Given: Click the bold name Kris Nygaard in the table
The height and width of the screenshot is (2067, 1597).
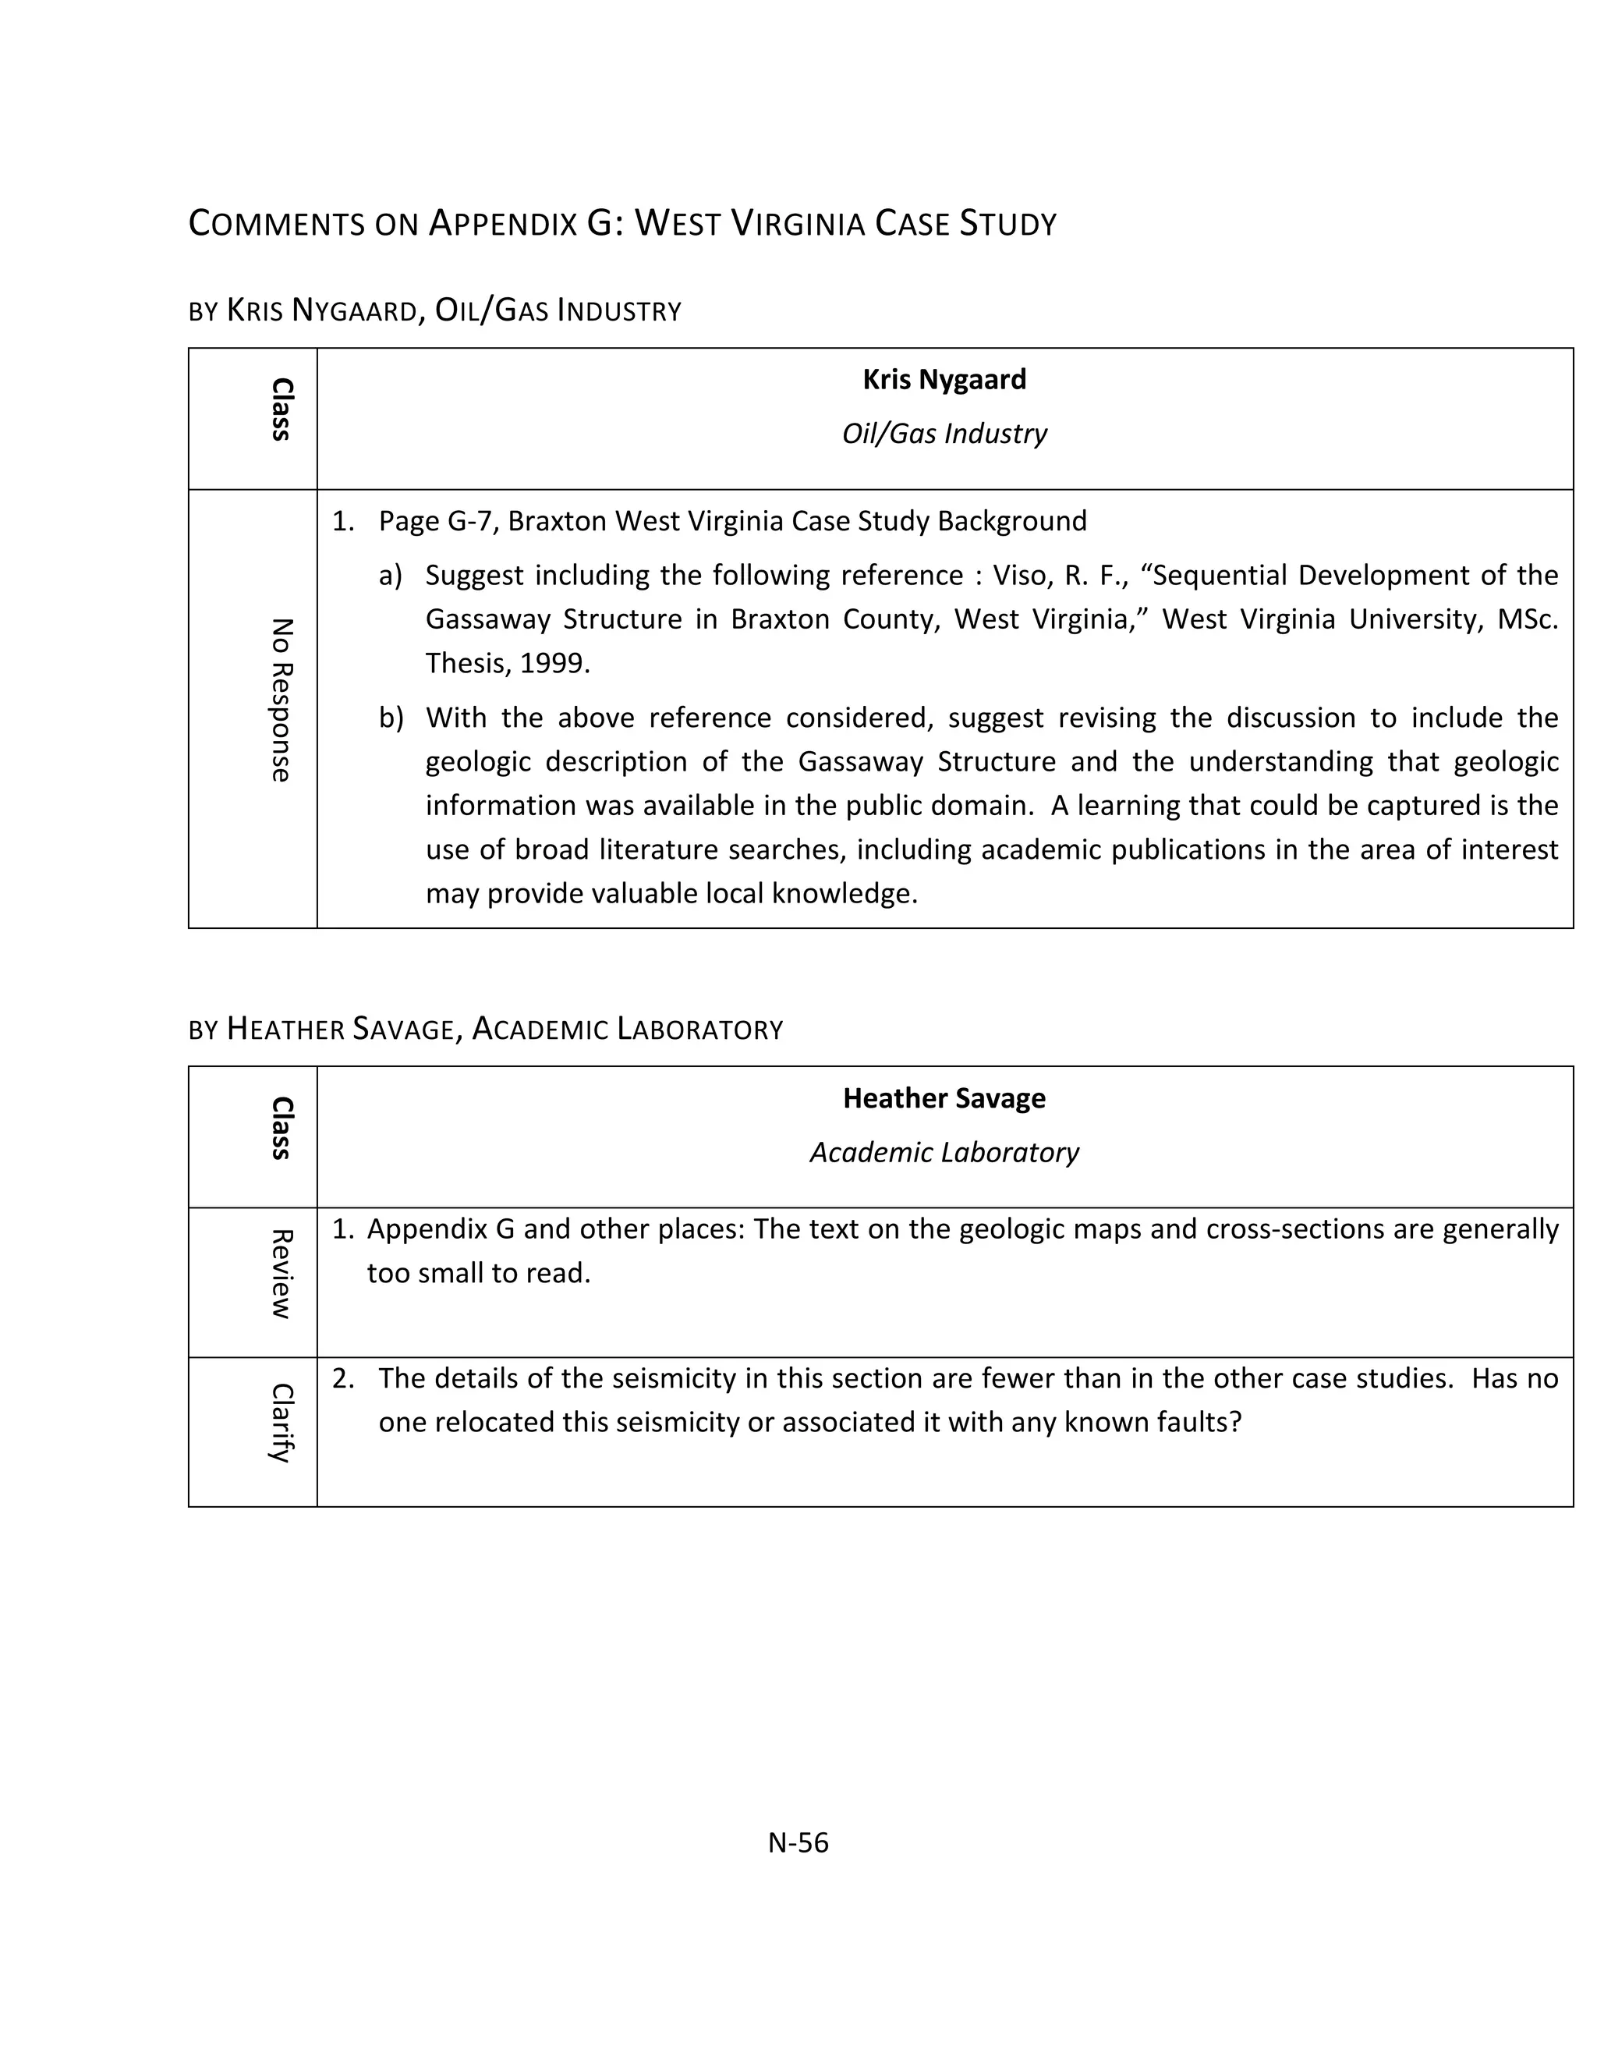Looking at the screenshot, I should pos(944,380).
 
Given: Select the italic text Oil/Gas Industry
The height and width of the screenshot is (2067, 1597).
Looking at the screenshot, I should pos(944,434).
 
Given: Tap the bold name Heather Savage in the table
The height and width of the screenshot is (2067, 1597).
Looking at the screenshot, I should pos(944,1098).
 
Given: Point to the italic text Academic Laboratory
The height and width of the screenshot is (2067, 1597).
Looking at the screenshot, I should pos(944,1152).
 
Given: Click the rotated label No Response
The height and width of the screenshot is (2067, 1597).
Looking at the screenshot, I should pos(281,700).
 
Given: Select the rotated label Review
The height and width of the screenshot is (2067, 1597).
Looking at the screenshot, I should pos(281,1274).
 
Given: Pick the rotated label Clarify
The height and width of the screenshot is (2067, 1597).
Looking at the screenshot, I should pos(281,1423).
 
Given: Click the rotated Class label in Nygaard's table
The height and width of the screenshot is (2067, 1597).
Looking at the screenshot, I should pos(281,409).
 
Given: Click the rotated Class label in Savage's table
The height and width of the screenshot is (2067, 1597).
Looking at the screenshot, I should pos(281,1127).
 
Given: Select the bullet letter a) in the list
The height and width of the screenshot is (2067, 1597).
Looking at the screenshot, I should pos(390,576).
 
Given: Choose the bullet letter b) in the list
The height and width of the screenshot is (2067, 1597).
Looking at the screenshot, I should pos(390,718).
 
